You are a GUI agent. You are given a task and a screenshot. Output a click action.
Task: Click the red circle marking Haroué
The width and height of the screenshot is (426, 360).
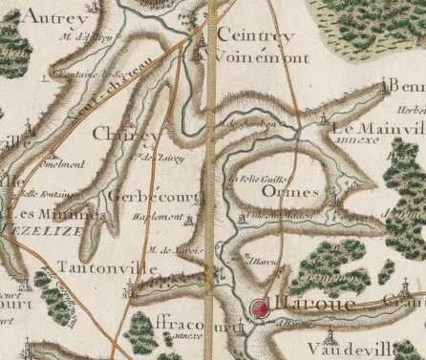click(x=261, y=308)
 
